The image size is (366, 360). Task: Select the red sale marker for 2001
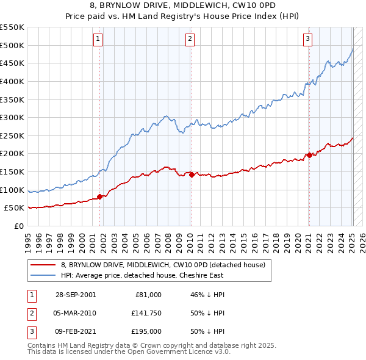tap(100, 196)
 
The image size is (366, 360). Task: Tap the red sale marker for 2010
tap(192, 175)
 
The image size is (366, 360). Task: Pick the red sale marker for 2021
tap(309, 155)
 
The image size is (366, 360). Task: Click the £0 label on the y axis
tap(18, 226)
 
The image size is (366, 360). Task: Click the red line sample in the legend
tap(43, 265)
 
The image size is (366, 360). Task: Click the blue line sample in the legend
tap(43, 275)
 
